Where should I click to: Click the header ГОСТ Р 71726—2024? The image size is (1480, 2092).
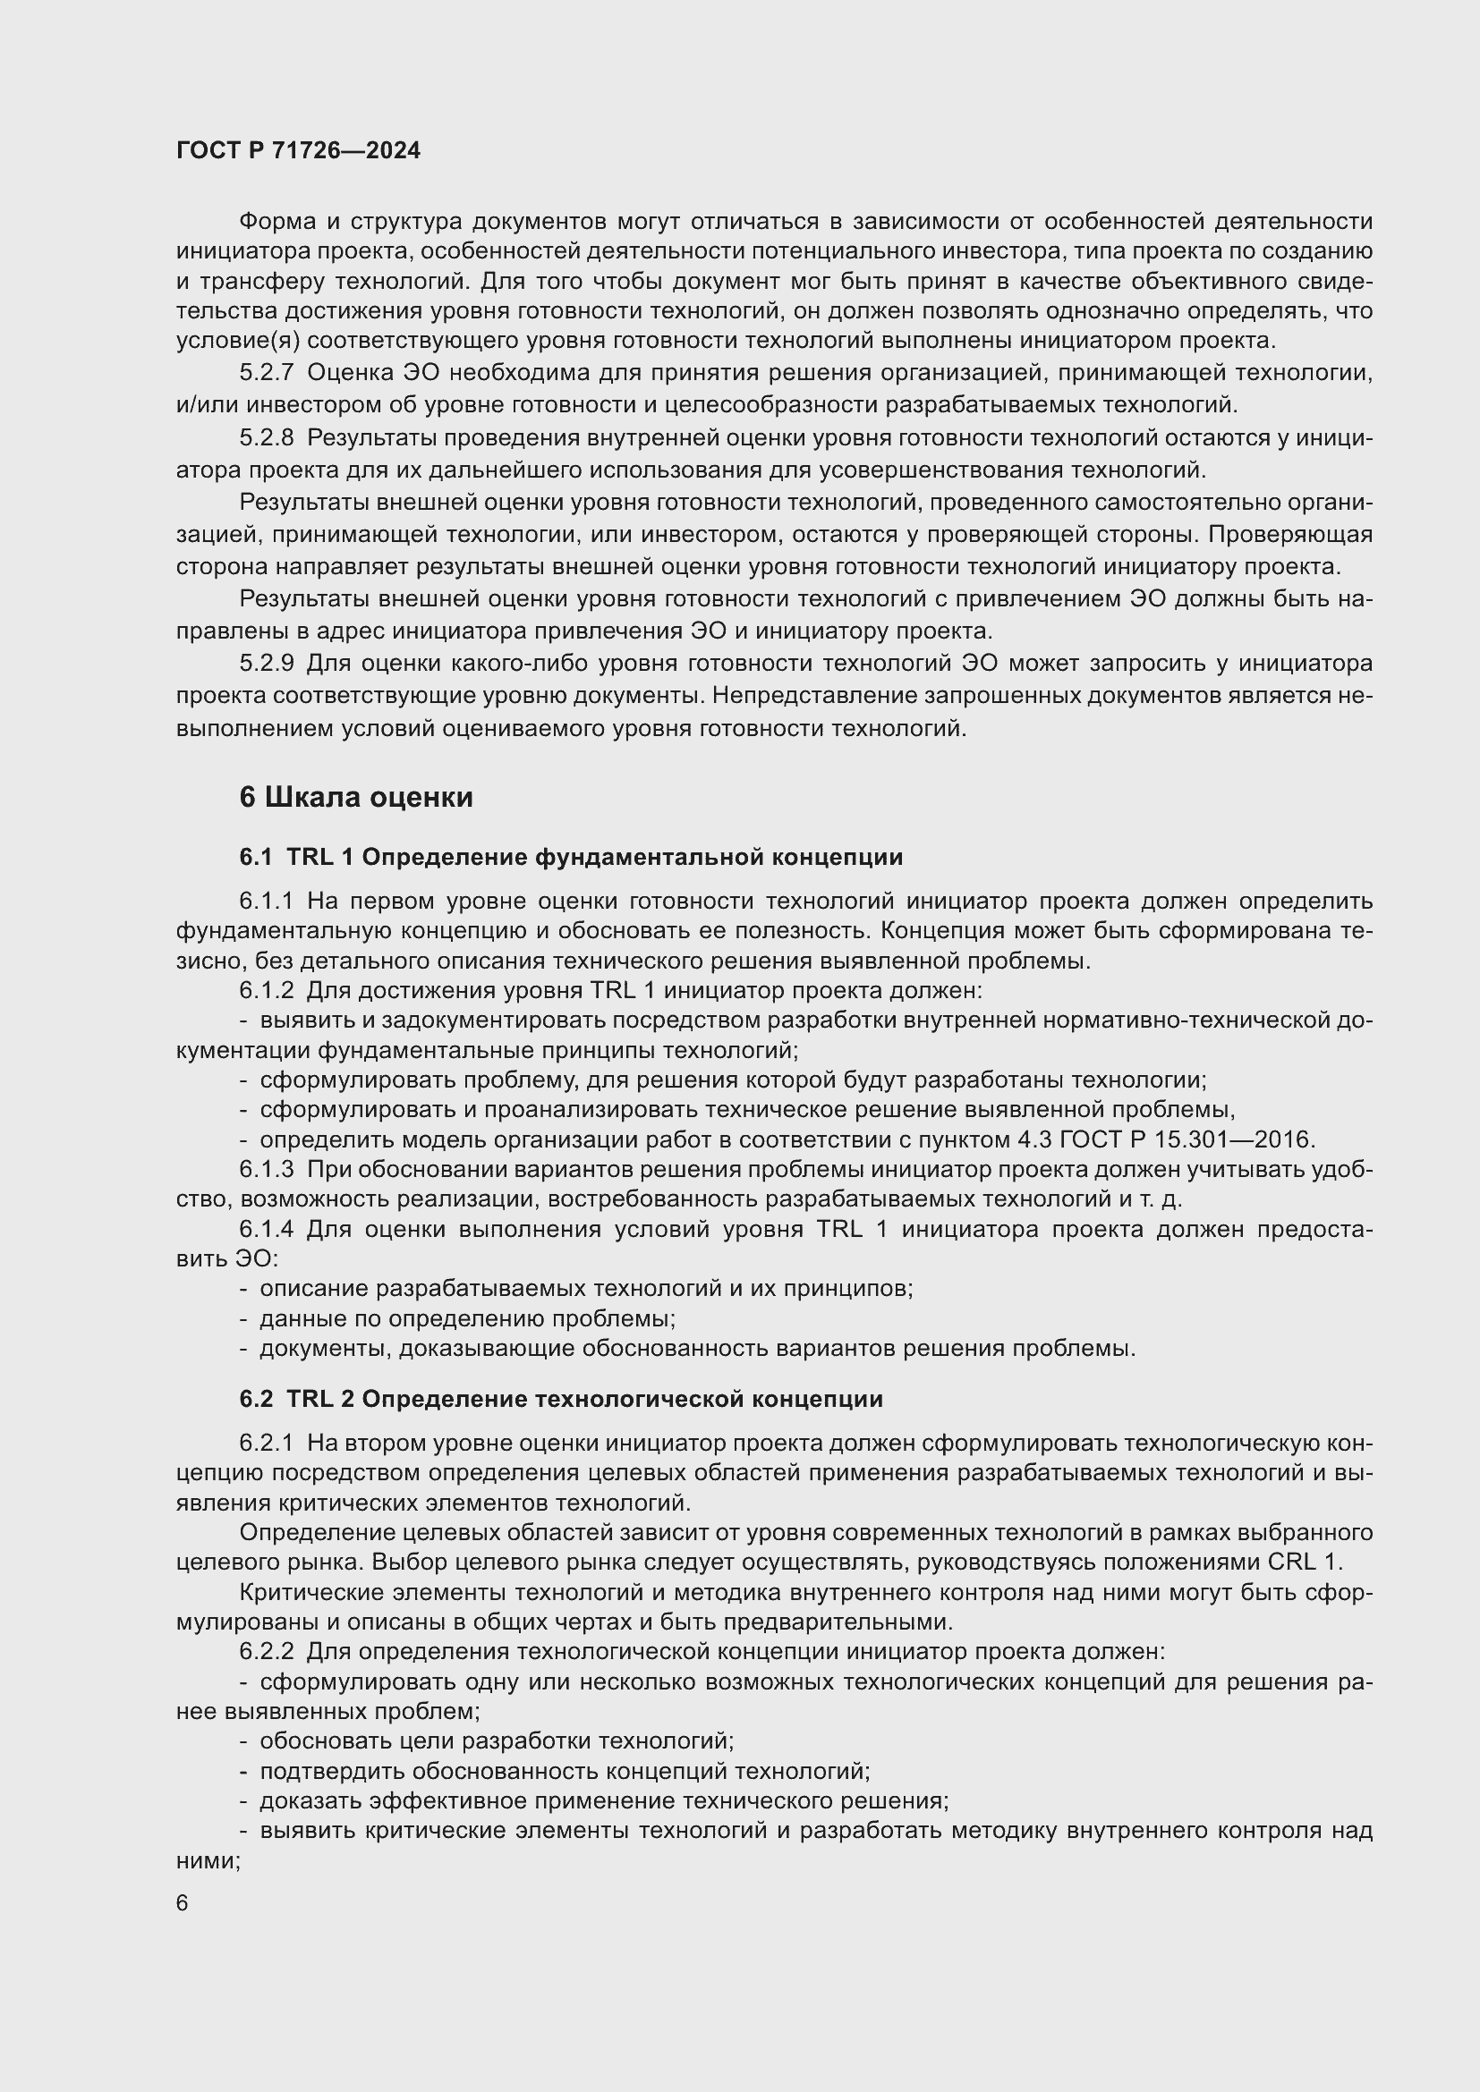click(298, 151)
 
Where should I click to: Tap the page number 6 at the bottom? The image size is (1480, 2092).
click(183, 1903)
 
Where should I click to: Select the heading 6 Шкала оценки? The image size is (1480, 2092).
click(356, 797)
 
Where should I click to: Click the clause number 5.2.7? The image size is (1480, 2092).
click(266, 373)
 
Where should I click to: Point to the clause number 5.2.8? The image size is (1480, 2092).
click(266, 438)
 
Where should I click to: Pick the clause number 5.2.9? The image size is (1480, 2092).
click(266, 664)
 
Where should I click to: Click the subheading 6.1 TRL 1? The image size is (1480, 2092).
click(571, 857)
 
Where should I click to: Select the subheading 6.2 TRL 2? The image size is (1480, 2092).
click(560, 1399)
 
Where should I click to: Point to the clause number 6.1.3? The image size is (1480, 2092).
click(266, 1169)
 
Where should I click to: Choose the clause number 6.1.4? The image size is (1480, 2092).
click(266, 1229)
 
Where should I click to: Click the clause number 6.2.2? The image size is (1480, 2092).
click(266, 1651)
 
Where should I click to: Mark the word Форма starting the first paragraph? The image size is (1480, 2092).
click(278, 222)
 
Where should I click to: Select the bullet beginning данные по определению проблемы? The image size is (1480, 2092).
click(466, 1318)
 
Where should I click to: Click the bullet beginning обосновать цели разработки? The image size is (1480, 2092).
click(497, 1741)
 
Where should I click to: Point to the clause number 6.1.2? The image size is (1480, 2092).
click(266, 990)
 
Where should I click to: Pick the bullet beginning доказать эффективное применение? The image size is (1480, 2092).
click(603, 1801)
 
